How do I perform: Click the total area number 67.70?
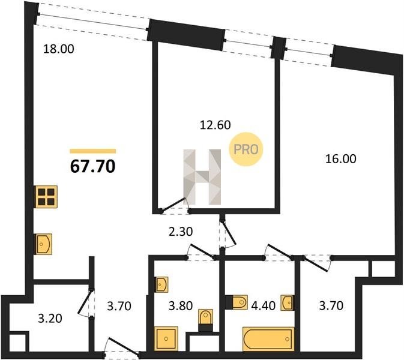93,166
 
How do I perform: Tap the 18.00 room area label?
58,49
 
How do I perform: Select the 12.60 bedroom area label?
215,125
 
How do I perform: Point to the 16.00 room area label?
340,158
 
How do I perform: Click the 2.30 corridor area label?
181,232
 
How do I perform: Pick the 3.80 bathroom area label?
180,305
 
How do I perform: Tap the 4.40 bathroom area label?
263,305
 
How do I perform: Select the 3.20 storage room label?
50,319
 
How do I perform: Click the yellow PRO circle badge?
246,149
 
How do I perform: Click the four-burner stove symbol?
46,197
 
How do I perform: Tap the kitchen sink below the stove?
43,244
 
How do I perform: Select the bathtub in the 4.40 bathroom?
268,339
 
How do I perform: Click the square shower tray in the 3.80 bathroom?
166,338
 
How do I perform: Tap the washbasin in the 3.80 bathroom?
161,284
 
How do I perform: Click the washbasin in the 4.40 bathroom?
288,302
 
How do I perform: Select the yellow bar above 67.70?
93,151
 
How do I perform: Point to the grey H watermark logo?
202,177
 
